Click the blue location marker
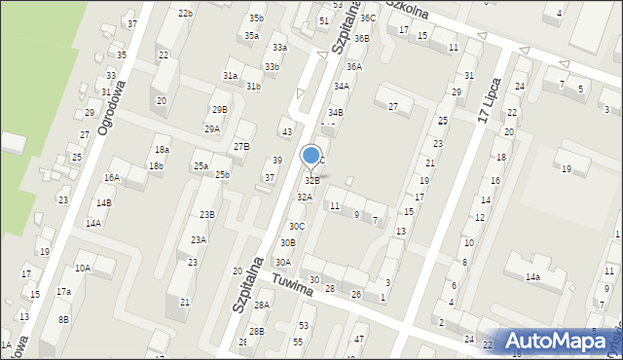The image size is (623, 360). point(311,156)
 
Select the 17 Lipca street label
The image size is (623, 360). point(491,100)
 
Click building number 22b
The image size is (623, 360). point(185,14)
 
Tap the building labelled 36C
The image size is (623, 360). point(367,18)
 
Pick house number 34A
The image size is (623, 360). point(342,86)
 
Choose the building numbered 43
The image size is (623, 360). point(286,132)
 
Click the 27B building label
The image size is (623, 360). point(241,146)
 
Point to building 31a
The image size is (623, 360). point(230,75)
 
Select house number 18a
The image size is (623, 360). point(162,150)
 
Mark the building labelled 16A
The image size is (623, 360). point(112,177)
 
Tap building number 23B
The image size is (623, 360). point(207,214)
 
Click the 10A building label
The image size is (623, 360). point(83,268)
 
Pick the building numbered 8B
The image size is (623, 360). point(63,319)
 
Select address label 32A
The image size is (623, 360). point(305,197)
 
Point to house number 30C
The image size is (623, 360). point(297,226)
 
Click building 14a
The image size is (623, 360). point(532,277)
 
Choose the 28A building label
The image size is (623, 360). point(261,306)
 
